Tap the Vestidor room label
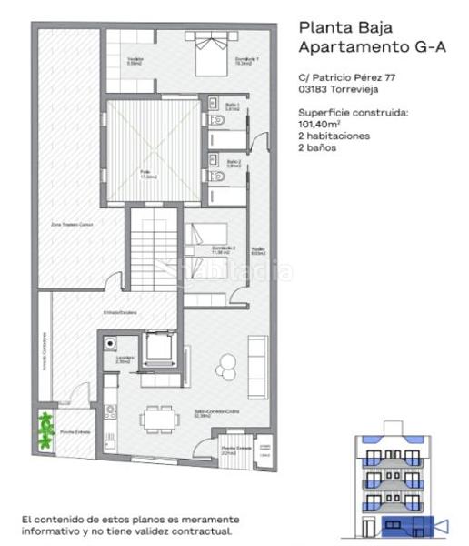pyautogui.click(x=135, y=62)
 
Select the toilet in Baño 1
pyautogui.click(x=216, y=120)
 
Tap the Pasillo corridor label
pyautogui.click(x=258, y=251)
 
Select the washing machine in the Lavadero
pyautogui.click(x=112, y=344)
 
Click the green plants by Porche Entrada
pyautogui.click(x=45, y=428)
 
